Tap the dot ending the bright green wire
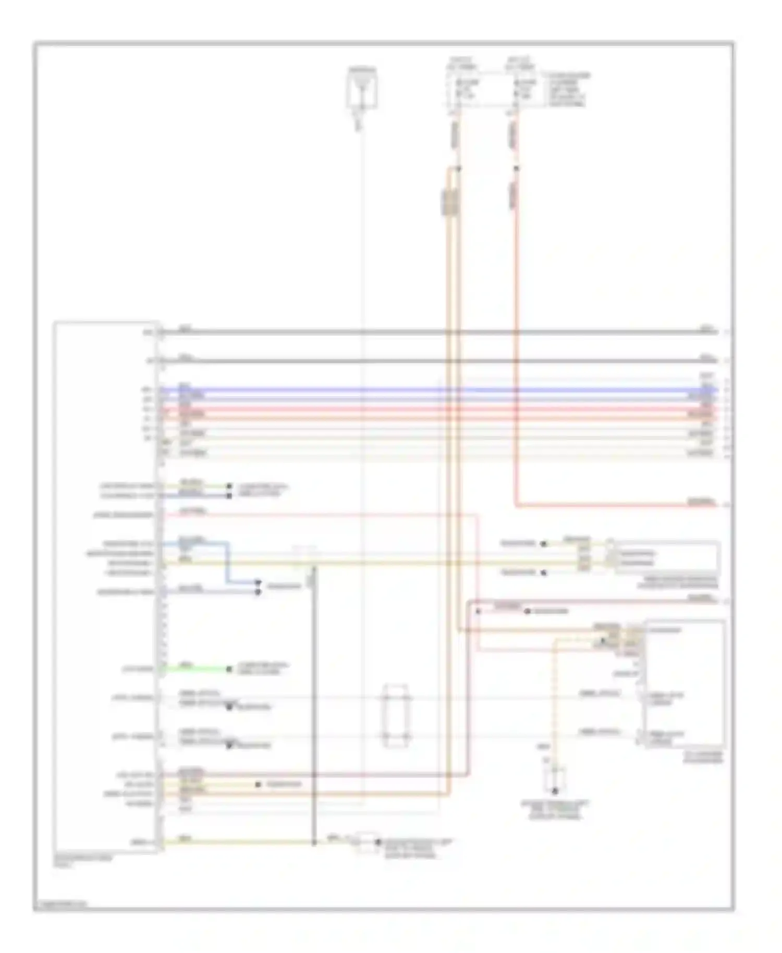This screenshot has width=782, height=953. tap(229, 669)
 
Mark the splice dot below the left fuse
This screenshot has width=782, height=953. tap(459, 168)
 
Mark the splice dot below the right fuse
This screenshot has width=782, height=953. tap(516, 168)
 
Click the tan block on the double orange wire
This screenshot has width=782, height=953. tap(450, 202)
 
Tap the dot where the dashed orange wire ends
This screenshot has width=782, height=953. tap(555, 790)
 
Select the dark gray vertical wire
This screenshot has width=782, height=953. tap(314, 704)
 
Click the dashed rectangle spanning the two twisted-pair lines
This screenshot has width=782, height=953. tap(396, 716)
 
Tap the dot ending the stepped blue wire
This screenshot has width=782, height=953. tap(258, 581)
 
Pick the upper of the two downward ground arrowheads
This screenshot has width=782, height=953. tap(229, 707)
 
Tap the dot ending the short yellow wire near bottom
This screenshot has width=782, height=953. tap(258, 784)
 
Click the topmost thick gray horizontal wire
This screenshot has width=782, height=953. tap(438, 332)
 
